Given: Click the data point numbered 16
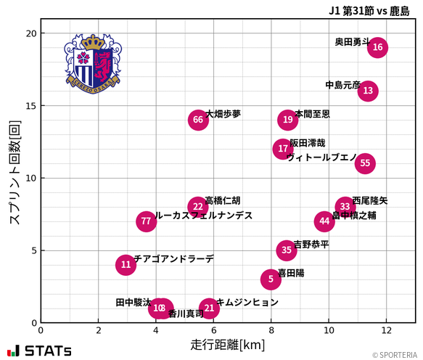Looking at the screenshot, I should pyautogui.click(x=377, y=47).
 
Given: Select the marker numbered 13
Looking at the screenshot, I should pyautogui.click(x=368, y=91).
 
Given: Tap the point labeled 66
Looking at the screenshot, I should pyautogui.click(x=198, y=120).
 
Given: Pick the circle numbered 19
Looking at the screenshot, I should pyautogui.click(x=288, y=120).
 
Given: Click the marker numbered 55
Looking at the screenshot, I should pyautogui.click(x=365, y=163).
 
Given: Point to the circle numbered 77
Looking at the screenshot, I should pyautogui.click(x=147, y=221).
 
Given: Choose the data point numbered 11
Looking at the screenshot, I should pyautogui.click(x=126, y=265).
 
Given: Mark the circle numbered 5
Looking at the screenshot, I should pyautogui.click(x=271, y=279).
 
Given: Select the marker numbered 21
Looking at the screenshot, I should pyautogui.click(x=209, y=308).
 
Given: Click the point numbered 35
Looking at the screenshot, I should pyautogui.click(x=287, y=250).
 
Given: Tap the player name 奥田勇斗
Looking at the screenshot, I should pyautogui.click(x=352, y=42).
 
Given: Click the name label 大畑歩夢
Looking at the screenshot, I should pyautogui.click(x=223, y=114).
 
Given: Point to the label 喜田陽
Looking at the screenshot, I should pyautogui.click(x=291, y=274).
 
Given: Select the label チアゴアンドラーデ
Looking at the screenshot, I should pyautogui.click(x=174, y=259).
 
